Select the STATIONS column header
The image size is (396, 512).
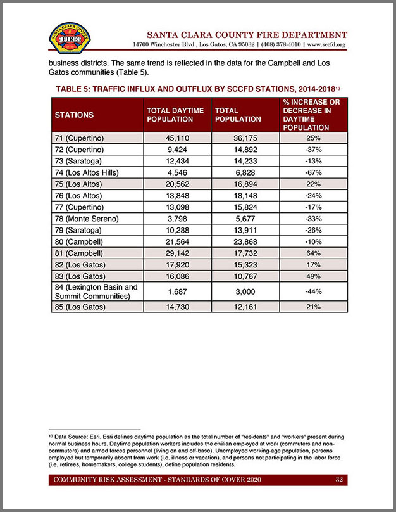tap(74, 115)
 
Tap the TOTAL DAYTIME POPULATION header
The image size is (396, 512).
tap(175, 115)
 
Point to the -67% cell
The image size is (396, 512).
tap(313, 172)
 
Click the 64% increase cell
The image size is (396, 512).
tap(313, 252)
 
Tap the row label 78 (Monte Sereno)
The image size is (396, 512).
tap(87, 218)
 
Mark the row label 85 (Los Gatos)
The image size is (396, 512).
tap(80, 307)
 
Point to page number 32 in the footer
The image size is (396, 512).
tap(339, 480)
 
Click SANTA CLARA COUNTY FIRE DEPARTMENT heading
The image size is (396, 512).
tap(247, 34)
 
